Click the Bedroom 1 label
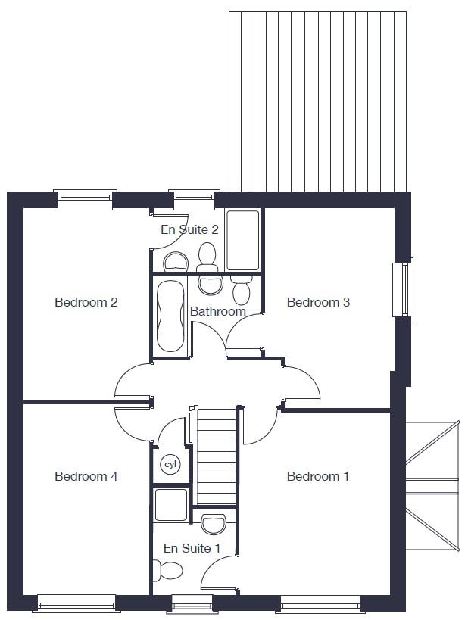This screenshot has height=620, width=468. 317,476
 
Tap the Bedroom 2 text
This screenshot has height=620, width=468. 86,302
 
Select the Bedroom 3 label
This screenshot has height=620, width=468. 318,302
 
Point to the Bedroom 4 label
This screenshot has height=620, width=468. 86,476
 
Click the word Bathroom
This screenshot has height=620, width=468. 218,311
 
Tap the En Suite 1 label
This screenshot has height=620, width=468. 192,548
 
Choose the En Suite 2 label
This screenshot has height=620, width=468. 189,229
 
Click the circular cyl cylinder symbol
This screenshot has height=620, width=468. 170,464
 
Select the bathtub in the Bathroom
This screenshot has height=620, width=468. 170,316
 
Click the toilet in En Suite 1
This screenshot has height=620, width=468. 167,570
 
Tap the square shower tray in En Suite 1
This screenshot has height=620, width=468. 171,505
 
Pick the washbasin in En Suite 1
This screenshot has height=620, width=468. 214,524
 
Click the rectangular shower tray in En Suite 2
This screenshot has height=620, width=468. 243,240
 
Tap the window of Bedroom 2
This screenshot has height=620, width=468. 85,199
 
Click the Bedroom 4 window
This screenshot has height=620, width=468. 76,603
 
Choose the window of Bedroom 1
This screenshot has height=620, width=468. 320,603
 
